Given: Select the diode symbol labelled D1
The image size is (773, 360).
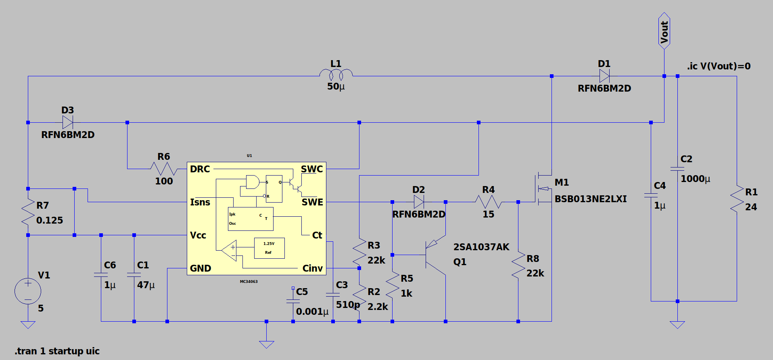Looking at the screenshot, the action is pos(604,76).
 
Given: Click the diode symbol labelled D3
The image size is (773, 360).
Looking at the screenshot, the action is pos(68,122).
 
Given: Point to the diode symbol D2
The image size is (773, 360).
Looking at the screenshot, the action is pos(419,202).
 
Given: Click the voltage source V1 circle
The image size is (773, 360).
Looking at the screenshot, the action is pos(28,291).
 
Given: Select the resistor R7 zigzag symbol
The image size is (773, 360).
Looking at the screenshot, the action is pos(28,212).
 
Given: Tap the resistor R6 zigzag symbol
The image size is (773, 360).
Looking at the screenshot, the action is pos(164,169).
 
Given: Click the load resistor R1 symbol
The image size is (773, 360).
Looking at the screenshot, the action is pos(737,199).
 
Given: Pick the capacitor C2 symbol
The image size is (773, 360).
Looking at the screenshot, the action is pos(677,169).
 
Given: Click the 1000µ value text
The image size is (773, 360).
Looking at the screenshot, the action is pos(696,179).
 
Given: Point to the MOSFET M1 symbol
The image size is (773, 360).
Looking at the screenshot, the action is pos(543,188).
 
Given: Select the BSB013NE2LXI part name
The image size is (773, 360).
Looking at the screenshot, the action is pos(591,199).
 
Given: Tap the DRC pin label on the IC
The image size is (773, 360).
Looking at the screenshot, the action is pos(200,169).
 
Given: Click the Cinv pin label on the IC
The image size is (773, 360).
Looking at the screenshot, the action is pos(313,268).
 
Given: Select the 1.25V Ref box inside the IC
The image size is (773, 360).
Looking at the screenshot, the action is pos(269,248).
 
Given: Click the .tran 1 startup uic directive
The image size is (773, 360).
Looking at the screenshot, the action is pos(57,351).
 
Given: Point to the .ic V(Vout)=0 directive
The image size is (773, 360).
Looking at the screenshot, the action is pos(719,66).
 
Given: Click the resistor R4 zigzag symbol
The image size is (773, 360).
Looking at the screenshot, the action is pos(488,202).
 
